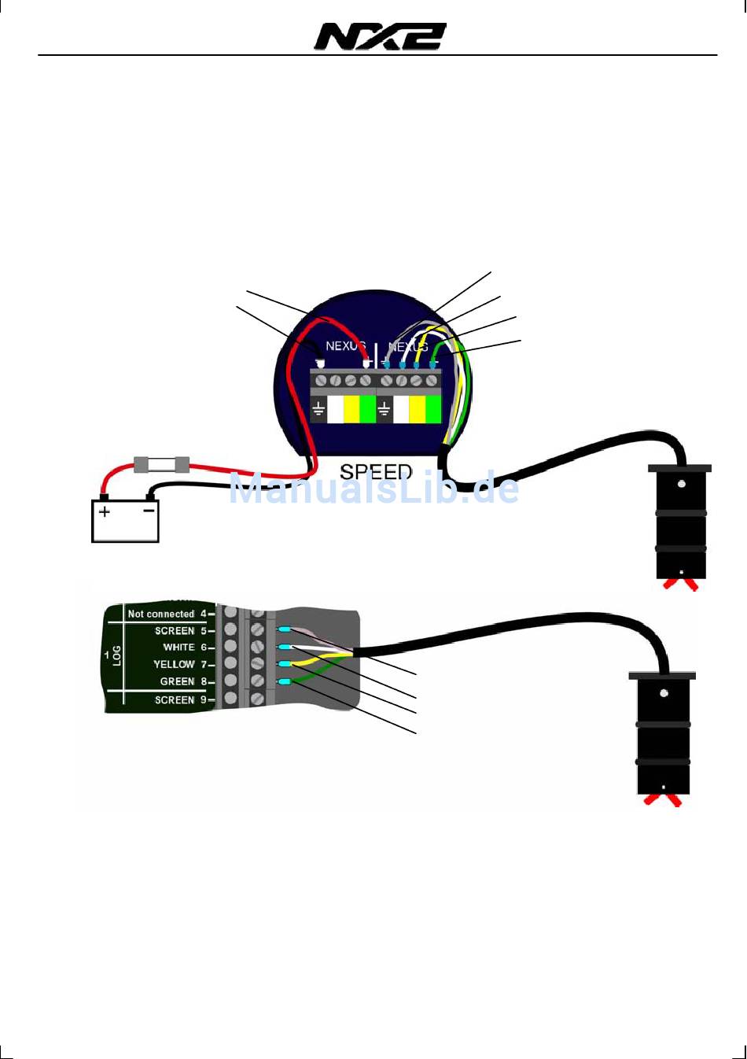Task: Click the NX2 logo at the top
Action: pos(381,37)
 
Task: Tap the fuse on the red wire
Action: pos(162,464)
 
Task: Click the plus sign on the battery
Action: pos(104,511)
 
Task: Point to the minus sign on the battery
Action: pos(149,511)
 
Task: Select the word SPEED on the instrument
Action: pos(376,472)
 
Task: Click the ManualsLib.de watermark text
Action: pos(374,489)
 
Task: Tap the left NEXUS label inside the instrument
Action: pos(345,346)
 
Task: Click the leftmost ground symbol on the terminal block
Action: pos(318,409)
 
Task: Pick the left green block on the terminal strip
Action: pos(367,409)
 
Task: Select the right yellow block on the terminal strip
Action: pos(417,409)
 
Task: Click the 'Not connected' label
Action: pos(160,614)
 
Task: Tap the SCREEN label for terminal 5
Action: pos(174,631)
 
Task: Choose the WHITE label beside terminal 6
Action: pos(178,648)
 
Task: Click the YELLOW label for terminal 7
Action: pos(173,665)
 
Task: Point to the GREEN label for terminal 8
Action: pos(177,681)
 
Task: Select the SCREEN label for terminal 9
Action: pos(174,699)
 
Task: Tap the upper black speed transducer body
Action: pos(680,523)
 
